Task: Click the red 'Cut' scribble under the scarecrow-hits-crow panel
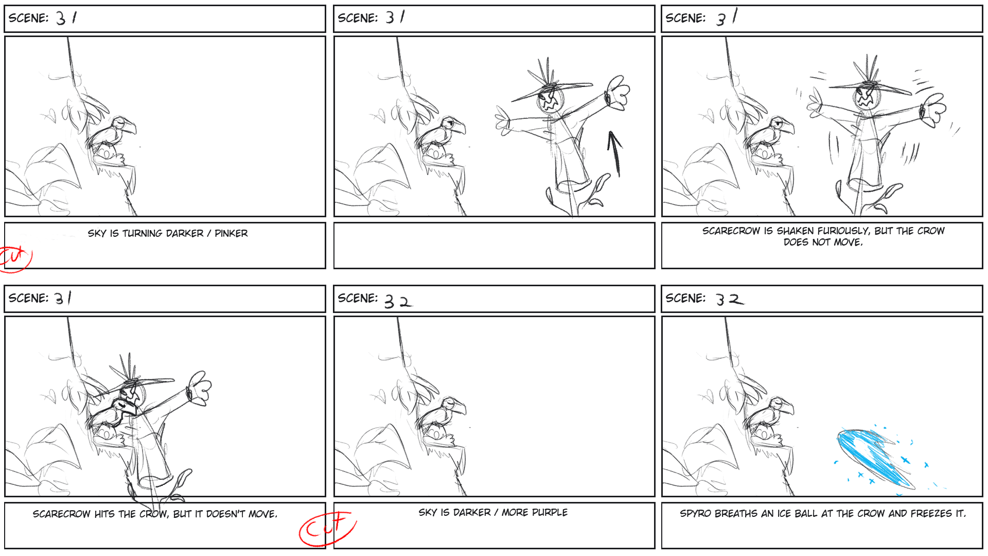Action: [x=328, y=528]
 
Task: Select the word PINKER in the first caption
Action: [x=231, y=233]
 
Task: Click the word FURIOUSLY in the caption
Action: [x=842, y=231]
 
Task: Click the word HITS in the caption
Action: [x=104, y=514]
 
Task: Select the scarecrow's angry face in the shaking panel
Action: [x=866, y=98]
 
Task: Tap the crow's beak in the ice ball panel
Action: [x=788, y=409]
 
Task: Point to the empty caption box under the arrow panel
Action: [x=494, y=246]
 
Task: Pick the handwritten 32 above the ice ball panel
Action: [x=730, y=299]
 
